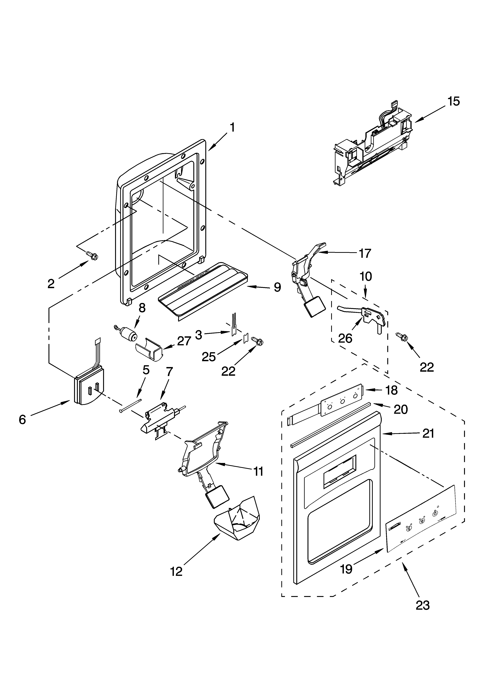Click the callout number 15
click(x=454, y=101)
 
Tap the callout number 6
click(x=22, y=420)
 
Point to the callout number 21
click(x=428, y=433)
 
